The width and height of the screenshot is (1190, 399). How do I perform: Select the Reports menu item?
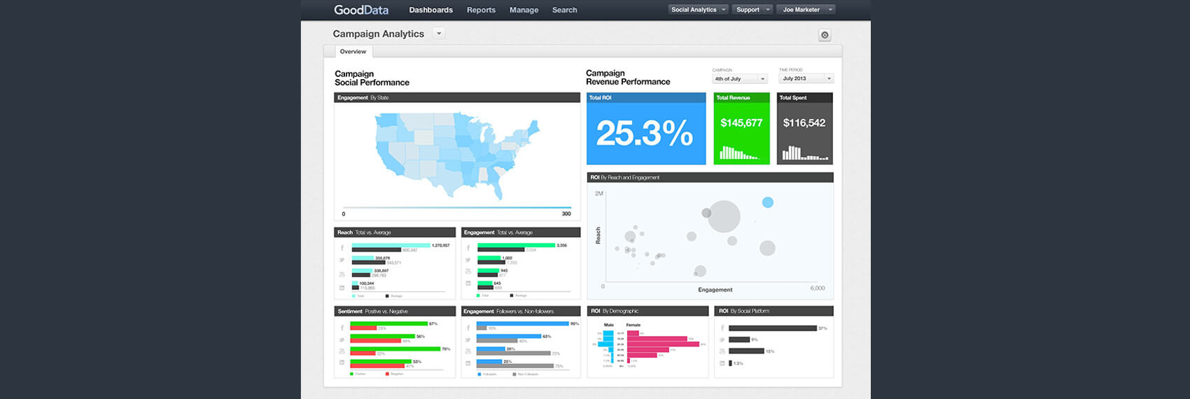tap(481, 10)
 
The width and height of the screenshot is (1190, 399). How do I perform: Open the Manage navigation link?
tap(524, 10)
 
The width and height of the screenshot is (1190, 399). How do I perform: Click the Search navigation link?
tap(564, 10)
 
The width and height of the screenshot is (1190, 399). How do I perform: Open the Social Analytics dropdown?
tap(698, 10)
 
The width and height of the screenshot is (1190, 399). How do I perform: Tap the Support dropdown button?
tap(752, 10)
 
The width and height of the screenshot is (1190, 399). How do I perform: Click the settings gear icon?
tap(825, 35)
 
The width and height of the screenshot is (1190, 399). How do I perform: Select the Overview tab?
tap(353, 52)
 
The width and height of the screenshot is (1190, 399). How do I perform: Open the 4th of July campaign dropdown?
tap(740, 78)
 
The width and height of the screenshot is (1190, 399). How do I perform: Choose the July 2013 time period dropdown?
tap(806, 78)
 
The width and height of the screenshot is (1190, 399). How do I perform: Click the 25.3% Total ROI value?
tap(645, 132)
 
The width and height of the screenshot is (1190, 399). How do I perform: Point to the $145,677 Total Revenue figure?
tap(741, 123)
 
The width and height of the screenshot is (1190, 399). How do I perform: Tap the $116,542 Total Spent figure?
tap(804, 123)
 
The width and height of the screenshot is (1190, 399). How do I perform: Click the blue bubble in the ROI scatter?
tap(767, 202)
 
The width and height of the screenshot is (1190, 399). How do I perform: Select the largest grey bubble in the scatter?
tap(724, 216)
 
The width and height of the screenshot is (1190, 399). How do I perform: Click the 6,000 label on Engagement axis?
tap(817, 288)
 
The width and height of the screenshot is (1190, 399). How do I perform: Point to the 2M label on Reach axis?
tap(598, 193)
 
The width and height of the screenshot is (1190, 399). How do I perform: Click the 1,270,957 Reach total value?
tap(441, 246)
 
